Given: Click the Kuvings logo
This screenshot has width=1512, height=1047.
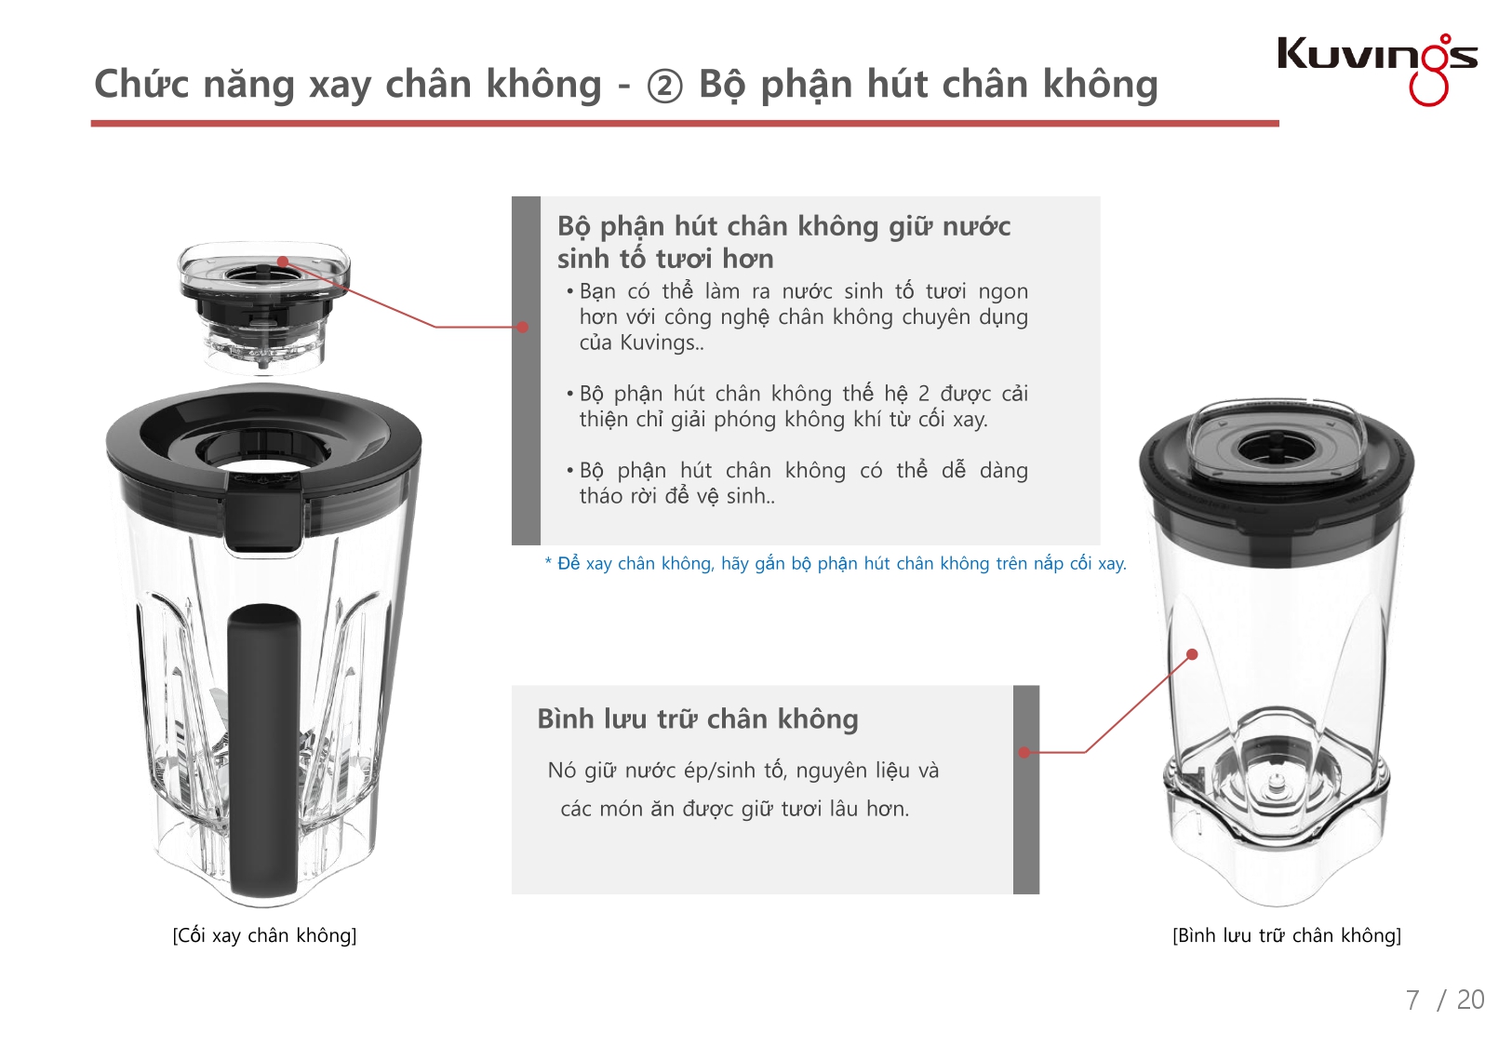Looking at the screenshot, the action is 1377,68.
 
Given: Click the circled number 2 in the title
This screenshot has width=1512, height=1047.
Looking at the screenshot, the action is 665,87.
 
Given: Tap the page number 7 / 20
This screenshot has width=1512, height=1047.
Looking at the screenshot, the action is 1444,1000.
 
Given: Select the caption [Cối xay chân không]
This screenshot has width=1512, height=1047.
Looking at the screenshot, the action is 264,935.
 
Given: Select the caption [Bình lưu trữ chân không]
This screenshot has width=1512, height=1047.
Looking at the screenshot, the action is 1287,935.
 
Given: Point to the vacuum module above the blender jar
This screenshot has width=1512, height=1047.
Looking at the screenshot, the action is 264,306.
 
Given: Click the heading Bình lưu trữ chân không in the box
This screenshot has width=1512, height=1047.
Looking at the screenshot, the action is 698,718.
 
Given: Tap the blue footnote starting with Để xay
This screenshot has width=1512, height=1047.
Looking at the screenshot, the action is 836,564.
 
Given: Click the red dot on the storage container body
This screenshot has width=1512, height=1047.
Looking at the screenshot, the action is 1192,654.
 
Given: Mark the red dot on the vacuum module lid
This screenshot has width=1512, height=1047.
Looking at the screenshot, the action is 283,262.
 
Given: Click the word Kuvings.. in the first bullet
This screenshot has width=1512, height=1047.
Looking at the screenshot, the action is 662,342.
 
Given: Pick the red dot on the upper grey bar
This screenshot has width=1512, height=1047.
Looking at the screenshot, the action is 522,327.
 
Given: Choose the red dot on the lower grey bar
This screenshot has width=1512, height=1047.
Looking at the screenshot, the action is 1024,752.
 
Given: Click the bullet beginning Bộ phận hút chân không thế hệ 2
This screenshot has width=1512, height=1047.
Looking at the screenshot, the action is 797,407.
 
